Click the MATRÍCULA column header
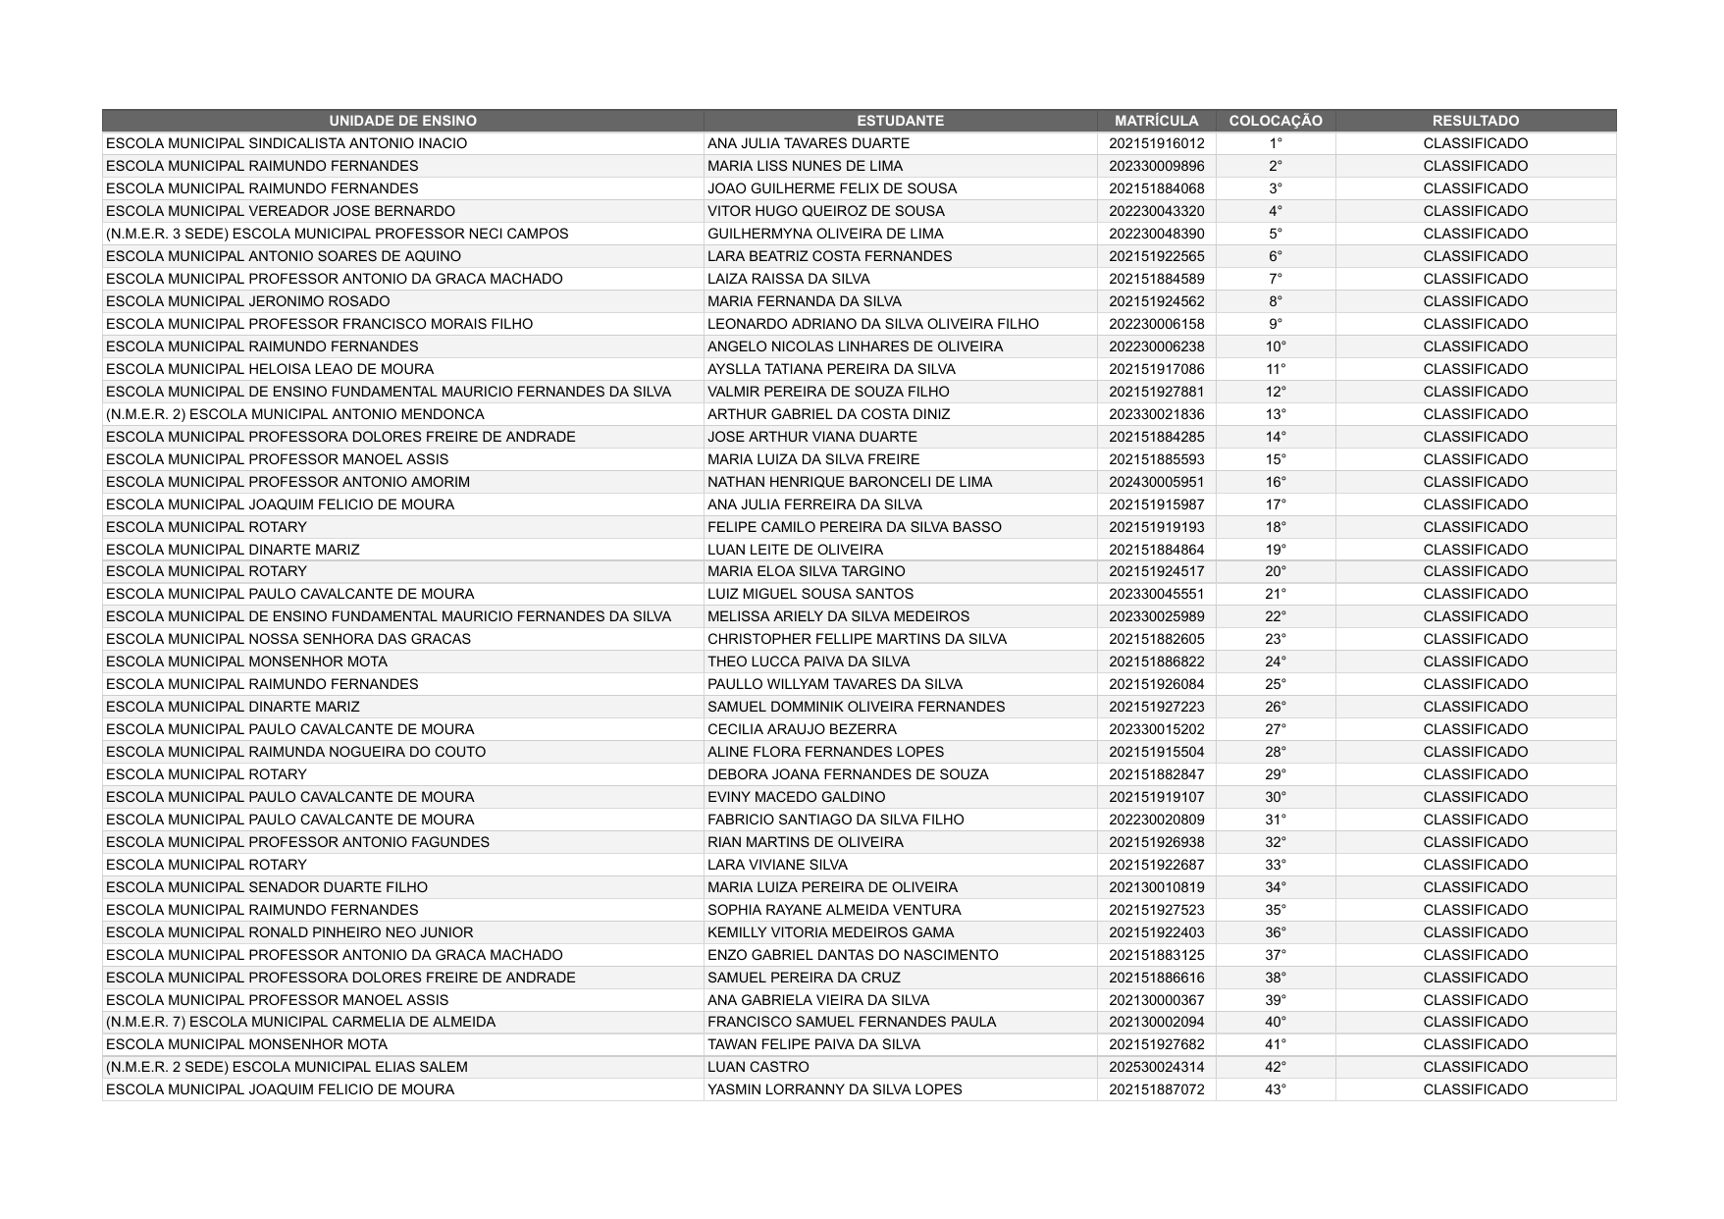(1156, 121)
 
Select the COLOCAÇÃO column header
(1275, 121)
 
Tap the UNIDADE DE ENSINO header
(402, 121)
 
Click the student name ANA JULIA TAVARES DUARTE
(808, 143)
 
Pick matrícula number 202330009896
(1156, 166)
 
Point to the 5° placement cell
(1275, 234)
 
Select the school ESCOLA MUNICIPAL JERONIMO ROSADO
(247, 301)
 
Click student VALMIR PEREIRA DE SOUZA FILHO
(828, 392)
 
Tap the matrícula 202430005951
(1156, 482)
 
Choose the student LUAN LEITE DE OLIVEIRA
(795, 550)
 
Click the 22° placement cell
(1275, 616)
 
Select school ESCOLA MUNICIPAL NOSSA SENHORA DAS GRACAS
(287, 639)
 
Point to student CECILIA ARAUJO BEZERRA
(802, 729)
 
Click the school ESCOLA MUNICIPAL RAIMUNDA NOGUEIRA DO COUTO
(295, 752)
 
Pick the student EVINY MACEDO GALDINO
(796, 797)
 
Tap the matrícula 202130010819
(1156, 887)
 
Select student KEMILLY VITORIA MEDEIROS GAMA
(830, 932)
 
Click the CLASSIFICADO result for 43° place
(1475, 1089)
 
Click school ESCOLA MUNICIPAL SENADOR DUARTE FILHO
(266, 887)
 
